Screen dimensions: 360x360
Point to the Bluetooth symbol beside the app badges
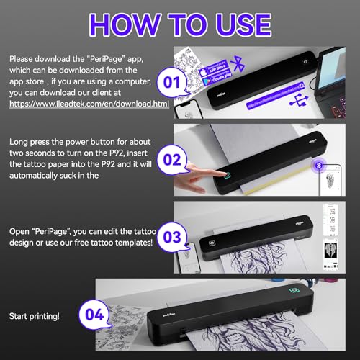242,67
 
